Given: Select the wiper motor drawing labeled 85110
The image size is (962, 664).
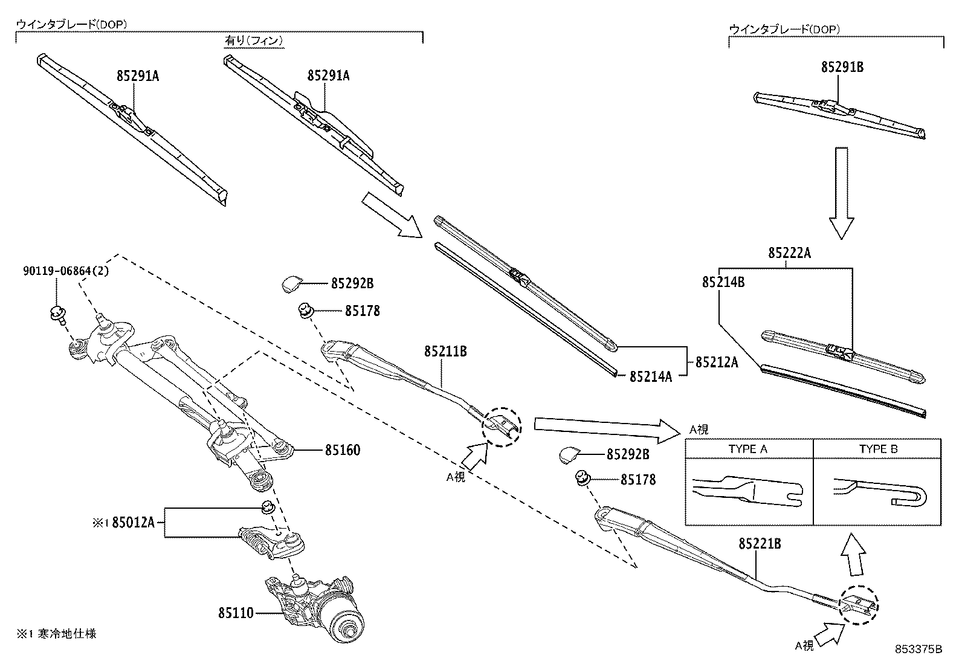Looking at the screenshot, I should (x=314, y=607).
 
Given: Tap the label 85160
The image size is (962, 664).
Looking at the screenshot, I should (x=342, y=450).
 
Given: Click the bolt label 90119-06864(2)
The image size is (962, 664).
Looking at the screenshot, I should (x=66, y=272).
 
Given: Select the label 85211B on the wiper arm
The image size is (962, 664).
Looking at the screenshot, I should (x=445, y=351).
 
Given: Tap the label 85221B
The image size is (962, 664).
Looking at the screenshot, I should (x=760, y=544).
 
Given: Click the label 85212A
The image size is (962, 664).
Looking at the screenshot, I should (x=717, y=362).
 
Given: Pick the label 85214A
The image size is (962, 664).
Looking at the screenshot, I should (x=650, y=376).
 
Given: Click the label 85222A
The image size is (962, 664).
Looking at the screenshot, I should (x=789, y=254).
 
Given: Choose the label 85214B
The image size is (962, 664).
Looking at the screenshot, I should (x=723, y=282).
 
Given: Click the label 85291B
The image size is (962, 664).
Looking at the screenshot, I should (x=842, y=67).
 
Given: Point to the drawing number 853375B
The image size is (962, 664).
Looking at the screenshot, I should (x=918, y=649).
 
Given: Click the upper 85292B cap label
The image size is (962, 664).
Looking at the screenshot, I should (x=352, y=283).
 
